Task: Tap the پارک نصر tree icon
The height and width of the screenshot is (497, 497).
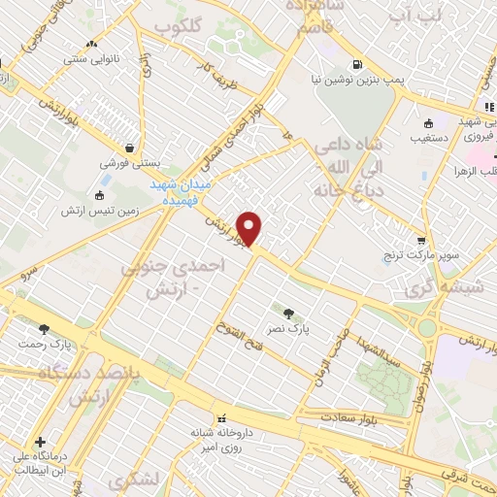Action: pyautogui.click(x=288, y=313)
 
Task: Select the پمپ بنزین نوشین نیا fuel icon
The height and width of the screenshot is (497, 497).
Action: pyautogui.click(x=358, y=66)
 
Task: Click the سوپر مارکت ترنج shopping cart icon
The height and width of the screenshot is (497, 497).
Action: pyautogui.click(x=420, y=240)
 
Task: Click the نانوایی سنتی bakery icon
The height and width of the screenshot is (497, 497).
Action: pyautogui.click(x=92, y=45)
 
